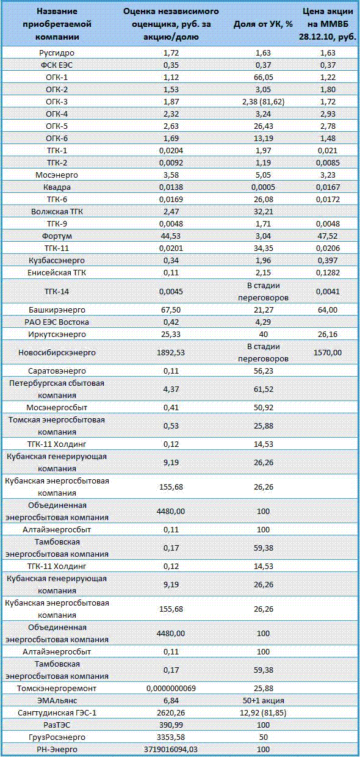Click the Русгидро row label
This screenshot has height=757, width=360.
[57, 53]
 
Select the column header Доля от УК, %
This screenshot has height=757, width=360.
[263, 24]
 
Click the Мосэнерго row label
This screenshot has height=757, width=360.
[57, 175]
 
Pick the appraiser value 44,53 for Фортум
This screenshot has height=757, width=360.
[171, 236]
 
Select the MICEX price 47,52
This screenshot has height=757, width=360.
[328, 236]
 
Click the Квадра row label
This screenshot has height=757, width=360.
[57, 187]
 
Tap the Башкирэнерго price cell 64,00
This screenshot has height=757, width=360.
[328, 310]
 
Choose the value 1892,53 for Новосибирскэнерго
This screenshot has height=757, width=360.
[171, 352]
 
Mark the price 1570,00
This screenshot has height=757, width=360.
[328, 352]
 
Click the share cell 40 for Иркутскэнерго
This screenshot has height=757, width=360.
[263, 334]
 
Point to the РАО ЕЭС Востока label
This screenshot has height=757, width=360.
[57, 322]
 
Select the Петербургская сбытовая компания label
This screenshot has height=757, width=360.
[57, 389]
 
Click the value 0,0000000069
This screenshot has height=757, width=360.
[171, 689]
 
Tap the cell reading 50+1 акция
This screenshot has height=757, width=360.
[263, 701]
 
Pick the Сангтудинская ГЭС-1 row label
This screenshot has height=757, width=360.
[57, 712]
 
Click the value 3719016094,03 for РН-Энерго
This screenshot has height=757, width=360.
[171, 749]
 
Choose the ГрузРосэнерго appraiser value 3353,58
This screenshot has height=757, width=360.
[171, 737]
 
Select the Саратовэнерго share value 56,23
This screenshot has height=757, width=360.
[263, 371]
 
